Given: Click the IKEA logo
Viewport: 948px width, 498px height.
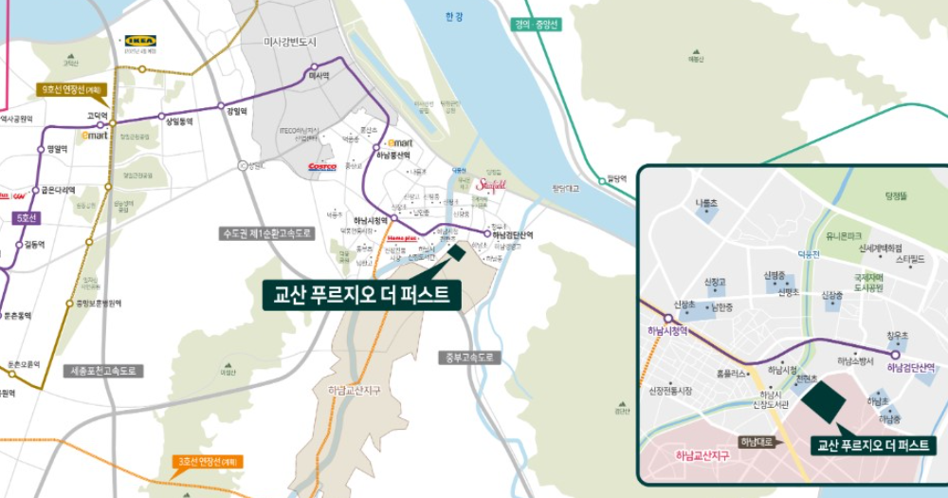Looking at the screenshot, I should click(140, 41).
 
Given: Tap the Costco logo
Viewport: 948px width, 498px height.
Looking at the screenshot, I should click(322, 166).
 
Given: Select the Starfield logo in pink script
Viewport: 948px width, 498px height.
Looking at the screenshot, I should click(492, 185).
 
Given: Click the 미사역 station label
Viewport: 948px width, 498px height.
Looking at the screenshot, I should click(319, 75).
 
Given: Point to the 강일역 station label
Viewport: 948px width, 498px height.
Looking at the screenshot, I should click(236, 111).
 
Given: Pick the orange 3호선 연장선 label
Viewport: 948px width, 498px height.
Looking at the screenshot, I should click(210, 462).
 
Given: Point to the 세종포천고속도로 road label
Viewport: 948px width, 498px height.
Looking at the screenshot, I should click(104, 371).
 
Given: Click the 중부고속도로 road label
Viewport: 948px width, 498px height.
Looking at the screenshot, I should click(468, 358).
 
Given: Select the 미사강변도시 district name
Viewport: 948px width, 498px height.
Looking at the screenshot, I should click(294, 42).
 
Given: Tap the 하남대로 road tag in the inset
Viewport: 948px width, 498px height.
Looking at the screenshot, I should click(757, 441).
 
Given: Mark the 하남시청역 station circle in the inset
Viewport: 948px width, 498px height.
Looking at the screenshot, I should click(668, 319).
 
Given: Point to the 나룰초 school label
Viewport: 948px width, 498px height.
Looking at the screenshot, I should click(707, 203).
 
